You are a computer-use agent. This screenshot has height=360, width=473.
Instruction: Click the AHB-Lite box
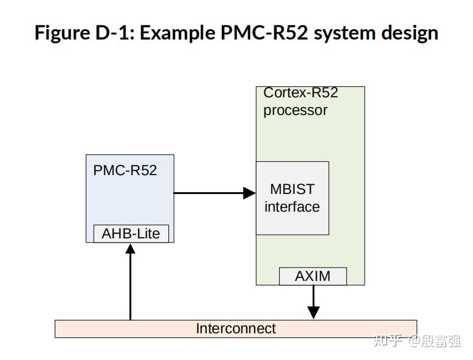coord(131,234)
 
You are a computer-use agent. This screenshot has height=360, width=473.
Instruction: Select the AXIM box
coord(312,276)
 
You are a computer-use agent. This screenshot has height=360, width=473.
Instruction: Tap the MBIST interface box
coord(292,198)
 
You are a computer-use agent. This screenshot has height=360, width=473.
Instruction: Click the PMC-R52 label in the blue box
coord(125,170)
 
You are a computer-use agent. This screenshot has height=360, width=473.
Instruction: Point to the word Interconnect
coord(235,329)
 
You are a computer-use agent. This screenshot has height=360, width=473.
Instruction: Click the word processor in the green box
coord(295,111)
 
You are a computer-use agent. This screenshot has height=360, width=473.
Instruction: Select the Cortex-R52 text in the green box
coord(300,93)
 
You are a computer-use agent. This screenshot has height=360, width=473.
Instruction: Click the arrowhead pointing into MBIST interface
coord(249,193)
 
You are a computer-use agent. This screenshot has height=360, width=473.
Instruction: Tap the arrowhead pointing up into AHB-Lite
coord(130,249)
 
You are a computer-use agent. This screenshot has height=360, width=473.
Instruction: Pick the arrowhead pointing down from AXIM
coord(313,312)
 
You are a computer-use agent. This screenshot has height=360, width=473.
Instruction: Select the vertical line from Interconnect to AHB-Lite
coord(130,286)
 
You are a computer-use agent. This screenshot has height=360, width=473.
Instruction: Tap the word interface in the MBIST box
coord(292,207)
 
